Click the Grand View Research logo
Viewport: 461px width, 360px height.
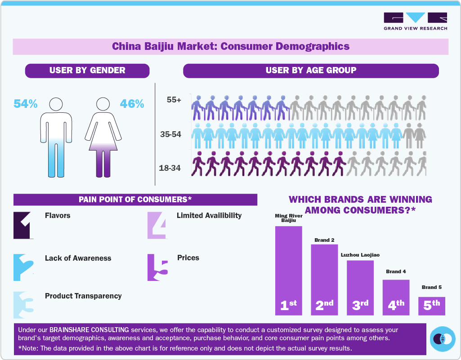point(415,21)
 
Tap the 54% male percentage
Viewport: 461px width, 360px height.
point(25,104)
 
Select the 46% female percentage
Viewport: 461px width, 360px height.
point(132,104)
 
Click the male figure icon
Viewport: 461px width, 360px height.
point(56,137)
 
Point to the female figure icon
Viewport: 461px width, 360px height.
point(103,137)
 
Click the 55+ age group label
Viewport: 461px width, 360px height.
point(174,100)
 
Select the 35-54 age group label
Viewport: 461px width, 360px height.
point(170,134)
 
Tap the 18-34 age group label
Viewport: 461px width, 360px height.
point(170,168)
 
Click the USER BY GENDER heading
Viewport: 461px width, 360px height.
point(87,70)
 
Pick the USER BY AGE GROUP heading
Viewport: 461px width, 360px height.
point(311,70)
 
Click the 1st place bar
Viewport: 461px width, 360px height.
point(288,270)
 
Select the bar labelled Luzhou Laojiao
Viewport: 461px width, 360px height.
point(360,287)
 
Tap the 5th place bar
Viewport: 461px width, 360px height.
point(432,306)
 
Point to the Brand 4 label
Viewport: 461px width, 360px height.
point(396,271)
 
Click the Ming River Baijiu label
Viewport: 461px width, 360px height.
point(288,218)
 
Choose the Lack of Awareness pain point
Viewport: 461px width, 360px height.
point(78,258)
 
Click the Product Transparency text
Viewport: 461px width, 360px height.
point(83,296)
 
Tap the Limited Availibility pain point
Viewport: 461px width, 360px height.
point(209,215)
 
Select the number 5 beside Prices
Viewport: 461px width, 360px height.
point(157,268)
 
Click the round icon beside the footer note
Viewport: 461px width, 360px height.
point(443,338)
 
